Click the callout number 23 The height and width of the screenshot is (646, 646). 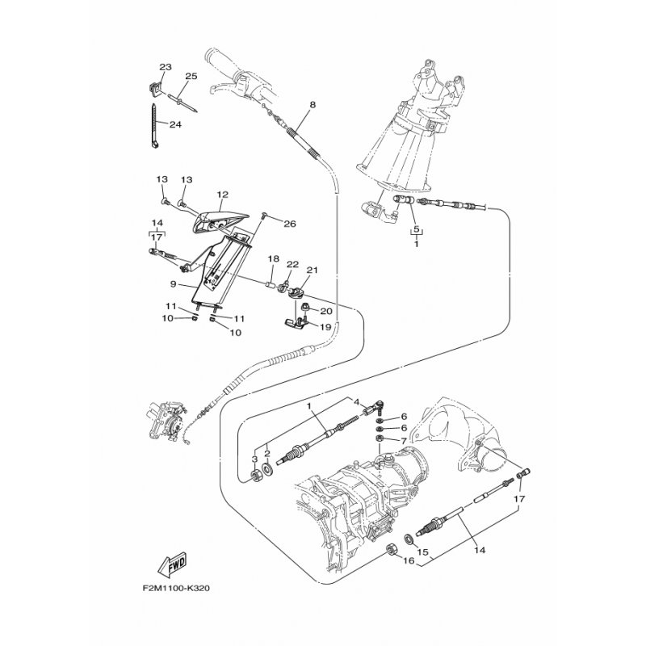(166, 67)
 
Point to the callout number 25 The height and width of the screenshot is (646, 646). (191, 77)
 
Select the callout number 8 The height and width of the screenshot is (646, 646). (313, 104)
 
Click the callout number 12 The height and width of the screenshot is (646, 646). (223, 195)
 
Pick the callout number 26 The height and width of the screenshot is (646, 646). (289, 224)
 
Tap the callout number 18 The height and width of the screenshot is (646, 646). (274, 259)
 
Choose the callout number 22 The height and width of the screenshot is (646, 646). (292, 264)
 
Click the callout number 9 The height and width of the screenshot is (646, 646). (172, 285)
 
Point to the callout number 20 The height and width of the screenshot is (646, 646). (327, 310)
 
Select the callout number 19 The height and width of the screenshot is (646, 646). (327, 327)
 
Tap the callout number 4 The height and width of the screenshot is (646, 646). (353, 401)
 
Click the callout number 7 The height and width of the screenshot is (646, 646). (404, 440)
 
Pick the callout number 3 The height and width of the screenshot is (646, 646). (253, 459)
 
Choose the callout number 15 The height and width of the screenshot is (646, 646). (423, 554)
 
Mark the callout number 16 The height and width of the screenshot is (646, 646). (409, 560)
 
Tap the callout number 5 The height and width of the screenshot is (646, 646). (417, 229)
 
